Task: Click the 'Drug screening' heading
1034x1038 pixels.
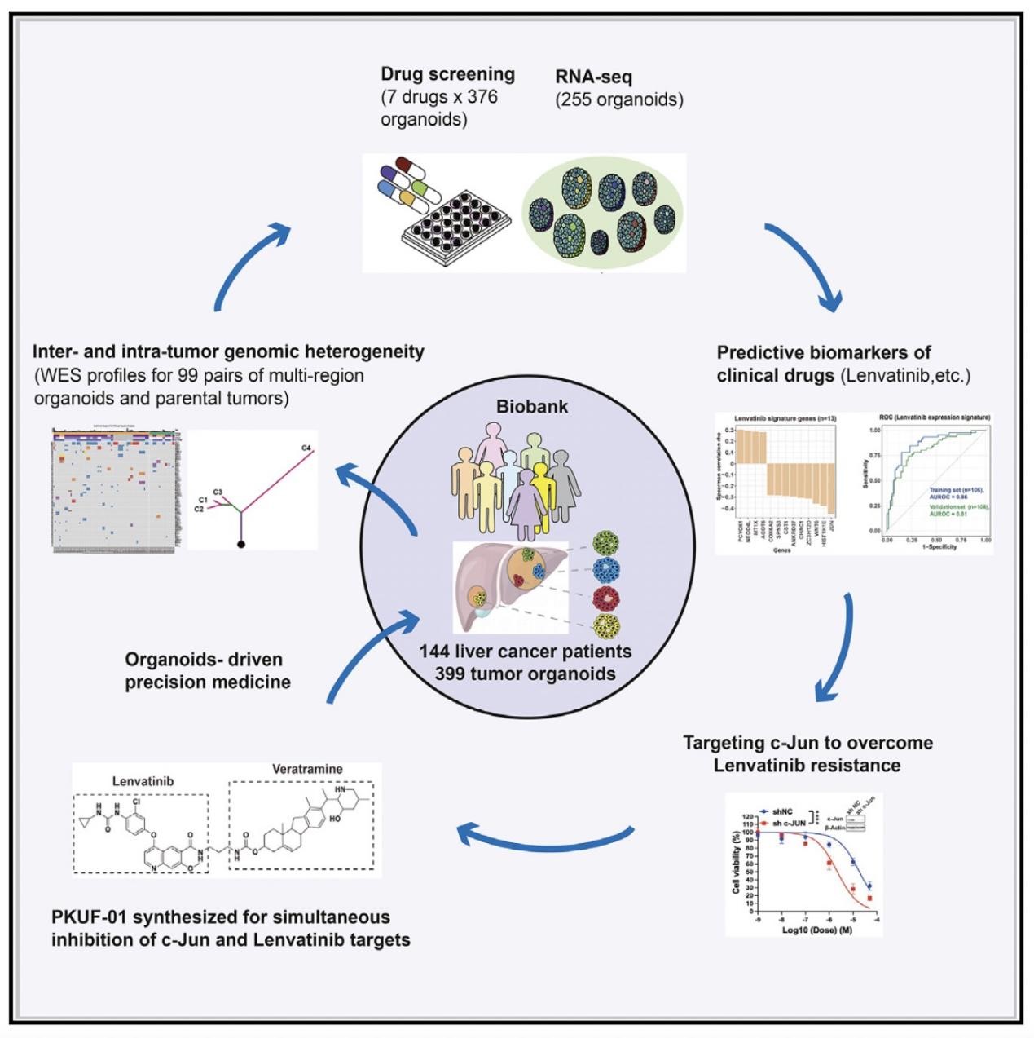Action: click(x=447, y=74)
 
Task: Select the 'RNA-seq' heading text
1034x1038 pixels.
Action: click(x=593, y=77)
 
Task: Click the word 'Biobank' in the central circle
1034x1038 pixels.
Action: click(x=532, y=406)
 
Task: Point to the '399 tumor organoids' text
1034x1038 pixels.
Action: click(x=525, y=674)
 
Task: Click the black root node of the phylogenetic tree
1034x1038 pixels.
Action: click(x=241, y=542)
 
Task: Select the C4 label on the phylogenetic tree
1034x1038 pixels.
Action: click(x=306, y=448)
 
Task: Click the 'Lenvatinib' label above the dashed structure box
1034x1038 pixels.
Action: click(x=143, y=781)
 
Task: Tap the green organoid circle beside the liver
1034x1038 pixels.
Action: click(x=606, y=542)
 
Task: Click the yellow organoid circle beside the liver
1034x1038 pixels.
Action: click(x=606, y=626)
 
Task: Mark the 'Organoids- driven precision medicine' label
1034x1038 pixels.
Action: click(x=207, y=670)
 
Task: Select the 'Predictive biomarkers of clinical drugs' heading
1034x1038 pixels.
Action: click(x=823, y=364)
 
